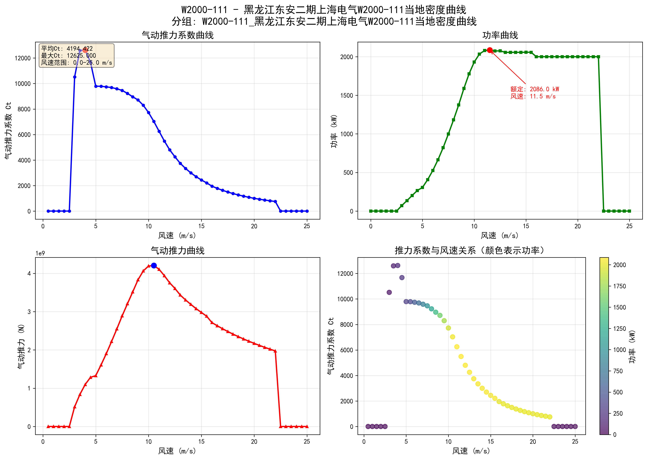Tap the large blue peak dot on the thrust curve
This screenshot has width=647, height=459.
(x=154, y=265)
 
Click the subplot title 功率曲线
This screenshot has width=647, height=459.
(x=500, y=35)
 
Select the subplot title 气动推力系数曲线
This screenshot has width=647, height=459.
(x=178, y=35)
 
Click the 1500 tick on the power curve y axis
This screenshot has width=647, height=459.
(x=347, y=96)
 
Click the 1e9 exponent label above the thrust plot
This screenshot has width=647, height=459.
(x=40, y=253)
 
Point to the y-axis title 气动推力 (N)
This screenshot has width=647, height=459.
(x=21, y=346)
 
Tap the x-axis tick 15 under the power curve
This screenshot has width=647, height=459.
(x=526, y=226)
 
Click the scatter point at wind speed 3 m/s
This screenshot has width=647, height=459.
(x=389, y=292)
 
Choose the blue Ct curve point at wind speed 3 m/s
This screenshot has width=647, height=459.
(x=75, y=77)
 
